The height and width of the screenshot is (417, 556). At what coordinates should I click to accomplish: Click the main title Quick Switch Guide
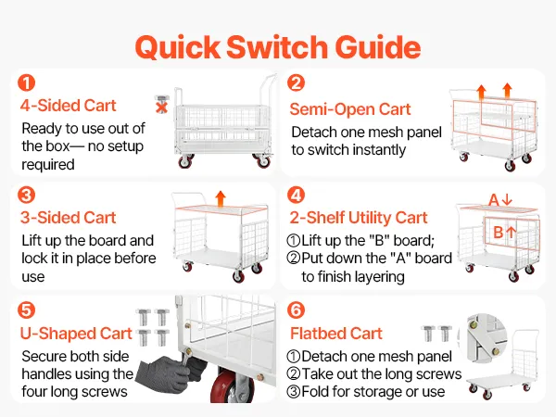278,47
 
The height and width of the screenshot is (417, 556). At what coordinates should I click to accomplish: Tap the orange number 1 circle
27,82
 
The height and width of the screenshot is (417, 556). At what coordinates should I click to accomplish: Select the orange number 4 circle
297,195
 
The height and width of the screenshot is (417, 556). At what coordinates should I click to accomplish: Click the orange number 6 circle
297,310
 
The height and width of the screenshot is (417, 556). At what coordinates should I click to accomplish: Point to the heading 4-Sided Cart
68,106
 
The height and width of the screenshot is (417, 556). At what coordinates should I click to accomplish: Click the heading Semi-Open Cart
350,109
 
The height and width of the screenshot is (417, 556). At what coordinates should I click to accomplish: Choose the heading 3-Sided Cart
68,218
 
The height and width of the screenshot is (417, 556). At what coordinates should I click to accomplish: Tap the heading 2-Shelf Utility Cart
359,218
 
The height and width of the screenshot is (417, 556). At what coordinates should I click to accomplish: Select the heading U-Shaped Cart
76,334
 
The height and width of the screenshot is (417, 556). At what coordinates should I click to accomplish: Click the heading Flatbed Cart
336,334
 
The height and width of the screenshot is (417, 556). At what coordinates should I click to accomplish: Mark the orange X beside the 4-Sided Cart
161,107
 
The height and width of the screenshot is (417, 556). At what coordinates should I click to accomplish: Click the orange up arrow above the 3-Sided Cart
221,198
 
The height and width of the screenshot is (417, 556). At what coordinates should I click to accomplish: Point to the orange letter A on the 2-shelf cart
494,200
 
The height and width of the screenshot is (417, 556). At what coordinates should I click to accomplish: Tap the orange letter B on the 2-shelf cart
499,233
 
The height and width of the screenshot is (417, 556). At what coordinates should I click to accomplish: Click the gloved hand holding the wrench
170,373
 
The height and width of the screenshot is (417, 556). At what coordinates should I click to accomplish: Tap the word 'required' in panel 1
48,165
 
